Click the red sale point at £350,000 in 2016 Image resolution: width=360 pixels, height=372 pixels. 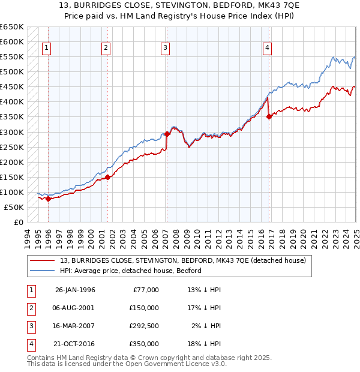click(269, 117)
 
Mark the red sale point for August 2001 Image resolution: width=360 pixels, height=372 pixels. click(108, 177)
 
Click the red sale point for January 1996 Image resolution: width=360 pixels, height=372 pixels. click(48, 199)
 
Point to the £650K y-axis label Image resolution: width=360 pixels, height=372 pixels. click(12, 27)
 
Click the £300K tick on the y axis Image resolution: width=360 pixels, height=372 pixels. click(12, 132)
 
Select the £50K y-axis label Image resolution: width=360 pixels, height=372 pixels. click(14, 207)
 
